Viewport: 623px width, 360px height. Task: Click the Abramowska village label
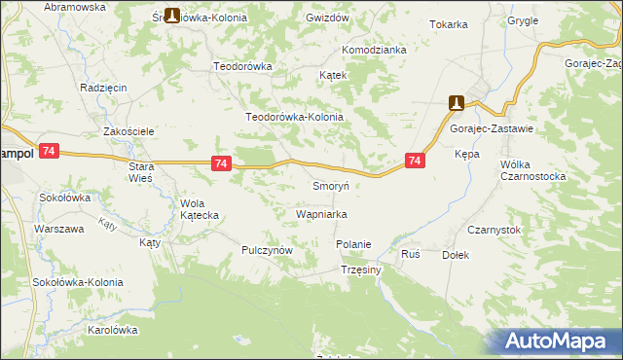(x=74, y=7)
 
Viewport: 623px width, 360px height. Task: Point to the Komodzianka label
(x=373, y=50)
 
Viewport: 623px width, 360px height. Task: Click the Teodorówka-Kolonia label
(x=295, y=117)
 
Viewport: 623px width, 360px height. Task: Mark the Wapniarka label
(x=322, y=213)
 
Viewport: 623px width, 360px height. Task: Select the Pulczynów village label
(x=268, y=250)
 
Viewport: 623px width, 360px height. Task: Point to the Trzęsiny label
(x=361, y=270)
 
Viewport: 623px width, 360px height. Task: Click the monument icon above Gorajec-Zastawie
(x=456, y=102)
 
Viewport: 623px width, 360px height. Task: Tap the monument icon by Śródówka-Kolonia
(x=172, y=16)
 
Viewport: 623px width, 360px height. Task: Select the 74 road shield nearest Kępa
(x=415, y=162)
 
